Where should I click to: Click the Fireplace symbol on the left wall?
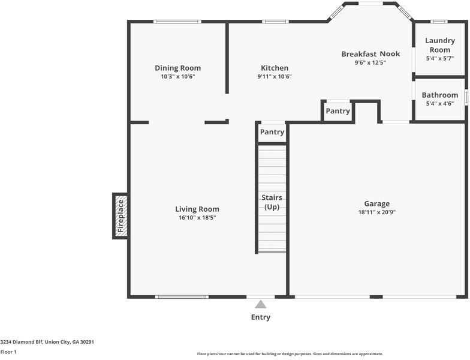(x=120, y=216)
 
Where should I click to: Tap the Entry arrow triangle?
(x=261, y=305)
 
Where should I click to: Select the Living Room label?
(x=197, y=209)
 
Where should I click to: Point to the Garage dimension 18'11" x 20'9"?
(x=377, y=212)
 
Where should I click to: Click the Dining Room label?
(x=177, y=68)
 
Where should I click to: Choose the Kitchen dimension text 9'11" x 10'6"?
(x=275, y=77)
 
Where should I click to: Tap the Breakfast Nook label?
(x=370, y=54)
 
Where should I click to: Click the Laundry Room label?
(x=440, y=46)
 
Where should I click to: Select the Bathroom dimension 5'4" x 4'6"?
(x=440, y=104)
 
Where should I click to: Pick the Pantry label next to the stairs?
(x=272, y=132)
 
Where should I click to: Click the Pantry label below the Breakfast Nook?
(x=338, y=111)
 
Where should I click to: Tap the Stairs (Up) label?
(x=272, y=202)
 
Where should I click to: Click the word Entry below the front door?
(x=261, y=317)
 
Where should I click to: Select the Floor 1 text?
(x=8, y=352)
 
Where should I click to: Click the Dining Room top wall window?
(x=177, y=22)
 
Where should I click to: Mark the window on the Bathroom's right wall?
(x=466, y=97)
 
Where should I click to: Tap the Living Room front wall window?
(x=182, y=297)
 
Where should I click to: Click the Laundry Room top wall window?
(x=439, y=22)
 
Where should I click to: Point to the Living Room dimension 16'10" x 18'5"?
(x=197, y=218)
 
